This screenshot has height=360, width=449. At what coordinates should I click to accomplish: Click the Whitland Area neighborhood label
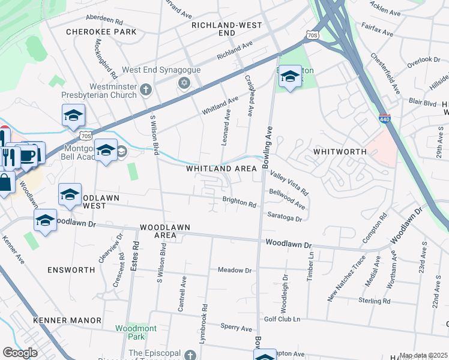point(221,169)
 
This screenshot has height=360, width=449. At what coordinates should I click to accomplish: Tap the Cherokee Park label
point(101,32)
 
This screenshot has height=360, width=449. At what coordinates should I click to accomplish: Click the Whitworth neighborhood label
point(340,152)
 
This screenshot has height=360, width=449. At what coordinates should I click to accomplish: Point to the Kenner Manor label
point(67,320)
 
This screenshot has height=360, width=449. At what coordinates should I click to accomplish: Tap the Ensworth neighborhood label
point(71,270)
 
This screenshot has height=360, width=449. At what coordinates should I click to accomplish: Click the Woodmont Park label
point(136,333)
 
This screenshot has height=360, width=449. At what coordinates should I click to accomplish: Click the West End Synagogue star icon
point(184,83)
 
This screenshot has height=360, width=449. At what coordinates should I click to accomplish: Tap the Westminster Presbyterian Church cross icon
point(145,91)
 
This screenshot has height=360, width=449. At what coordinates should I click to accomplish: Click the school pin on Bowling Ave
point(290,77)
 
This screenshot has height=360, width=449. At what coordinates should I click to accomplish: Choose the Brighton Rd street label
point(240,203)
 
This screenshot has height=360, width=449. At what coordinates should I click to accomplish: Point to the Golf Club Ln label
point(282,319)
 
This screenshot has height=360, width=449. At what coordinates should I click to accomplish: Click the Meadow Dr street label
point(235,271)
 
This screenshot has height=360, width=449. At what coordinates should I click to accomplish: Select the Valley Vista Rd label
point(289,182)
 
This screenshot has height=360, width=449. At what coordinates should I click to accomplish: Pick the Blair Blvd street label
point(422,103)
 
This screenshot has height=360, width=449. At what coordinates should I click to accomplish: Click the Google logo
point(20,353)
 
